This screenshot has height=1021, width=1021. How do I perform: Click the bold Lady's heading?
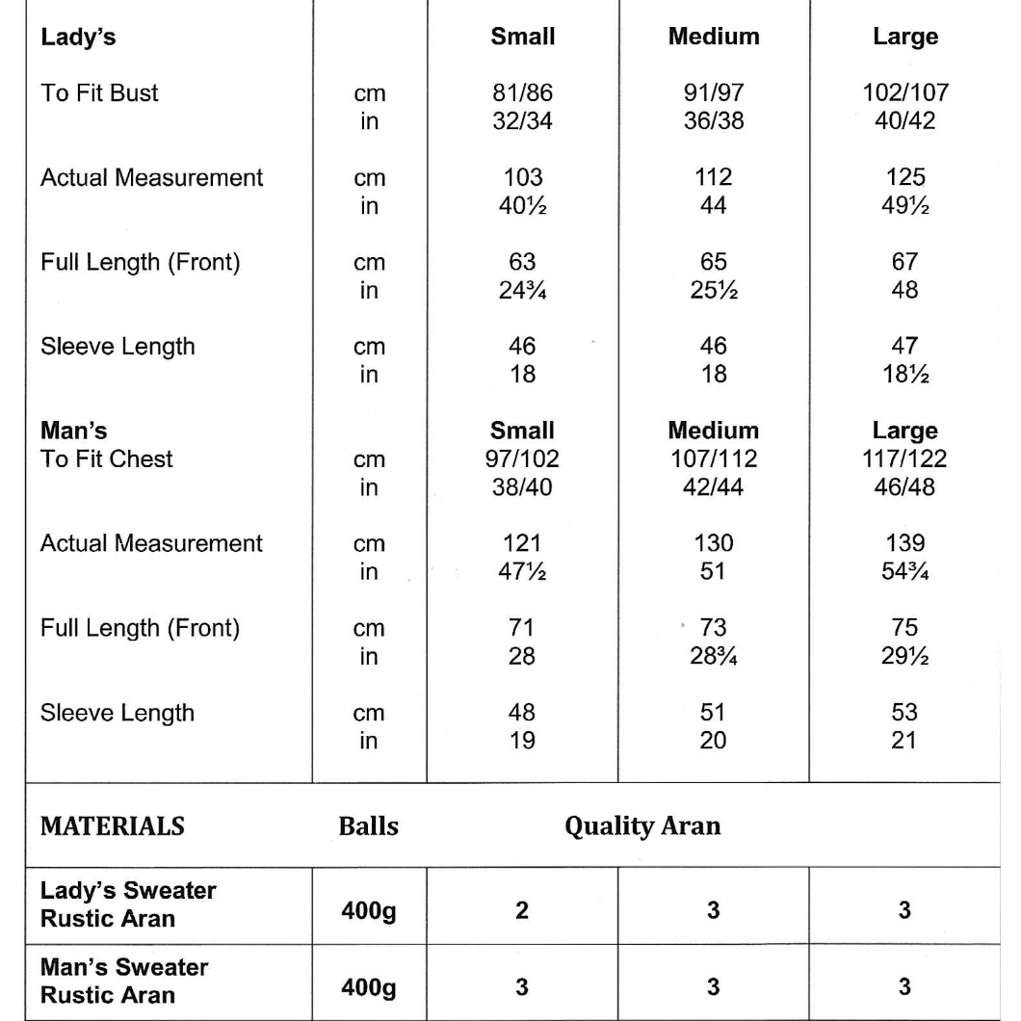pos(72,38)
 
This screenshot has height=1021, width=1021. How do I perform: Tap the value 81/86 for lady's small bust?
pos(522,94)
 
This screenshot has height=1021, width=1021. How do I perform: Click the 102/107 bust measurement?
pos(903,94)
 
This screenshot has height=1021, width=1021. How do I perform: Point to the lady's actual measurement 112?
pos(713,178)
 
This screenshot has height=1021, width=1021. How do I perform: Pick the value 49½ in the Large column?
pos(903,205)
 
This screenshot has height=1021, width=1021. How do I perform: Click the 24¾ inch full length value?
pos(522,289)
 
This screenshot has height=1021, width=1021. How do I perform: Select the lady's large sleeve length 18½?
pos(903,374)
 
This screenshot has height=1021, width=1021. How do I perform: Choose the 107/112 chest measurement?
pos(713,458)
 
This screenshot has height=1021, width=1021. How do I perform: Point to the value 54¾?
pos(903,570)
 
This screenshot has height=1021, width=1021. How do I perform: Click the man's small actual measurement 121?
pos(522,543)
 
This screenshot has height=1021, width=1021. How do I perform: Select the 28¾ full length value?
pos(713,655)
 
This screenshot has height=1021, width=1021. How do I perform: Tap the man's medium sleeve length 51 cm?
pos(713,714)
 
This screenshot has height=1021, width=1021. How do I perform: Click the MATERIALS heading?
pos(113,826)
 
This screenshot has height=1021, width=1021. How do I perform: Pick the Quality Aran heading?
pos(642,826)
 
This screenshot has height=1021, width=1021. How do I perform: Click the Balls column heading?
pos(369,826)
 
